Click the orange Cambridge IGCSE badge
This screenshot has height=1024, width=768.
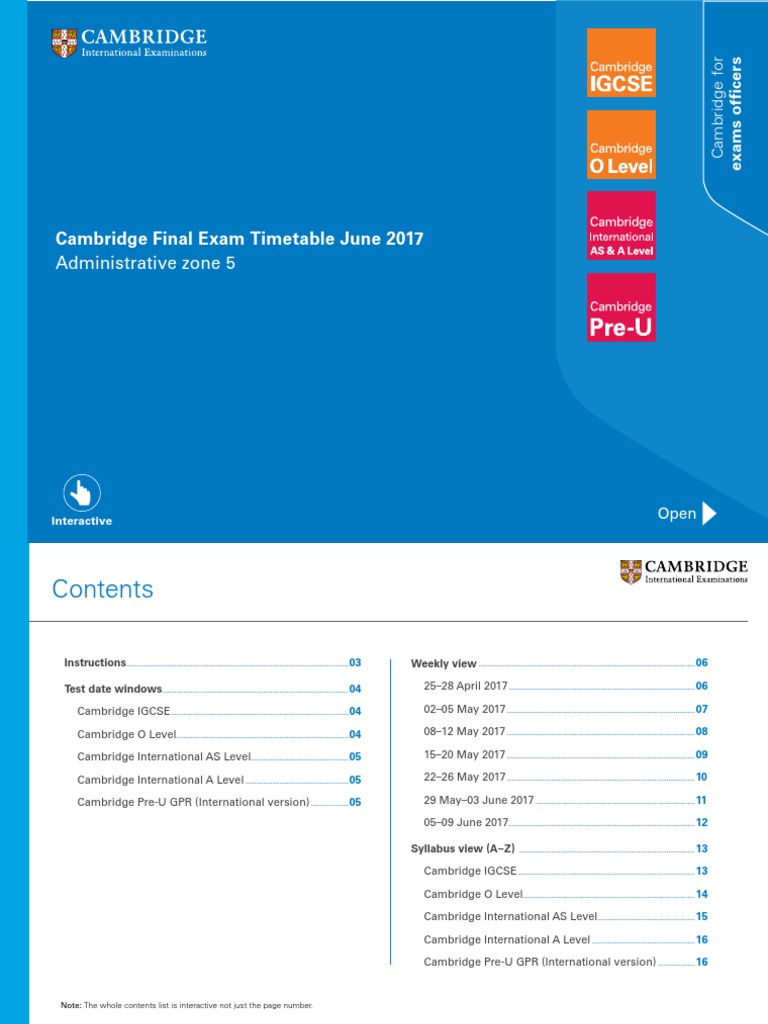point(621,62)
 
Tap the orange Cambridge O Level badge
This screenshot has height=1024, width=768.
point(621,144)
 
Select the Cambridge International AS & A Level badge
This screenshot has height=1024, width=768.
point(621,225)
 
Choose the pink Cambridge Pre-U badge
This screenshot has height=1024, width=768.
point(621,307)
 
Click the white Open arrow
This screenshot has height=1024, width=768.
point(710,513)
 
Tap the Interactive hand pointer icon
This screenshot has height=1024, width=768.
point(82,493)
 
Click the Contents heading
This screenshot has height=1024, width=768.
point(103,589)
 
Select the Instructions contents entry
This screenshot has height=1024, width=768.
point(96,662)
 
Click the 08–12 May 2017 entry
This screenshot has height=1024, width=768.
point(465,731)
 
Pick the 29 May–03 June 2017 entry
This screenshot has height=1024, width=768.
point(479,800)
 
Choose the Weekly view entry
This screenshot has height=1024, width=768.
point(444,663)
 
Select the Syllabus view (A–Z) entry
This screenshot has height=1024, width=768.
point(463,848)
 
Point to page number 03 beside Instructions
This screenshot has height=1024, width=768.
point(354,663)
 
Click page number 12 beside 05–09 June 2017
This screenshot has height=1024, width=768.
point(702,823)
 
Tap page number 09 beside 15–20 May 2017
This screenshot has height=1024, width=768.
point(702,754)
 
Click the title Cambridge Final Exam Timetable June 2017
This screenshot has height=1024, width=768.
point(239,239)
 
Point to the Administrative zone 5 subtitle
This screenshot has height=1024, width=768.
point(145,264)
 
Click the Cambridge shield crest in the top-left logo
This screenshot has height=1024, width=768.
point(63,43)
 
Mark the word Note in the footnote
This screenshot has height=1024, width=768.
point(70,1005)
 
